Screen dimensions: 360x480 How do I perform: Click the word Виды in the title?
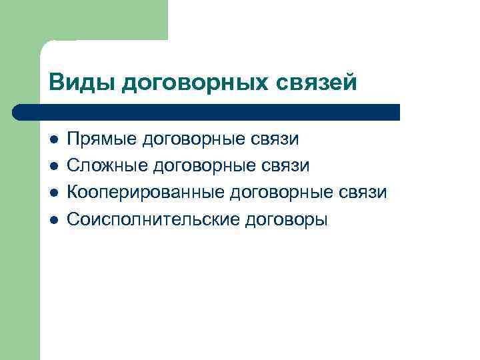click(73, 82)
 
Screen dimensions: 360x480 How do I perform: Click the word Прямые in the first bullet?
click(100, 140)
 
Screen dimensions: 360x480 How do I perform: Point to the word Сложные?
click(105, 166)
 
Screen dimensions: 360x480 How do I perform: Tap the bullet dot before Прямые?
click(53, 140)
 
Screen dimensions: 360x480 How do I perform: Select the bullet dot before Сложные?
click(53, 166)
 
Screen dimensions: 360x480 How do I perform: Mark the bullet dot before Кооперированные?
click(53, 193)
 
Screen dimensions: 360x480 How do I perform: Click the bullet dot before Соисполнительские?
click(53, 219)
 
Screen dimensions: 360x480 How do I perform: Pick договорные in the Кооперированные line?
click(277, 193)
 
